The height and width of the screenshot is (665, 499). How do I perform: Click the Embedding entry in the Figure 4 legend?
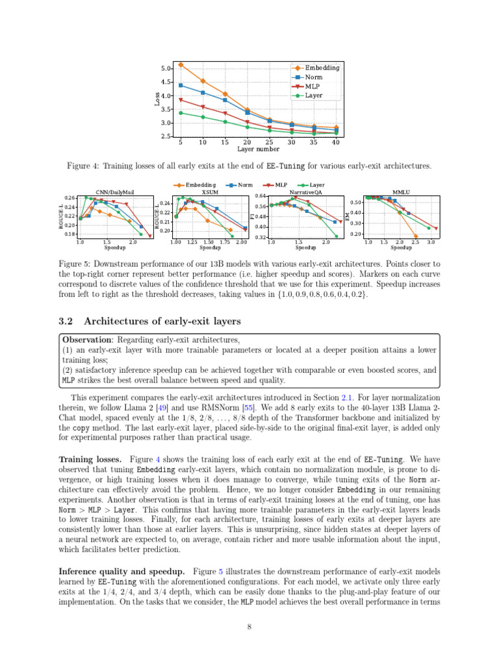click(x=322, y=68)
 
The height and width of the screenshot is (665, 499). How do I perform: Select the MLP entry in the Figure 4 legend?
click(x=313, y=86)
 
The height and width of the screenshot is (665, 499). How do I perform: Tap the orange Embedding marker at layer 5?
click(x=181, y=65)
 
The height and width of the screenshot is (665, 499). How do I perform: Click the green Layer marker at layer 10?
click(x=203, y=117)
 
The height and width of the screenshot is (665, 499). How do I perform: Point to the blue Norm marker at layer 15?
click(x=225, y=100)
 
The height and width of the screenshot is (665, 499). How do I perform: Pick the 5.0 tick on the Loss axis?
click(x=165, y=68)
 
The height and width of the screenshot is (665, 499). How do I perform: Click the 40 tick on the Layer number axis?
click(x=335, y=142)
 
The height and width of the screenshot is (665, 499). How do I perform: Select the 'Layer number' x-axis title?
click(x=258, y=149)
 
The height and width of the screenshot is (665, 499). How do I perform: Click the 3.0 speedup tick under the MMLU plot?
click(x=431, y=242)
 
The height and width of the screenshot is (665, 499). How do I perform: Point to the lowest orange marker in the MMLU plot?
click(x=415, y=236)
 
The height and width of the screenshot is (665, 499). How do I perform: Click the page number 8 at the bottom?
click(x=249, y=627)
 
